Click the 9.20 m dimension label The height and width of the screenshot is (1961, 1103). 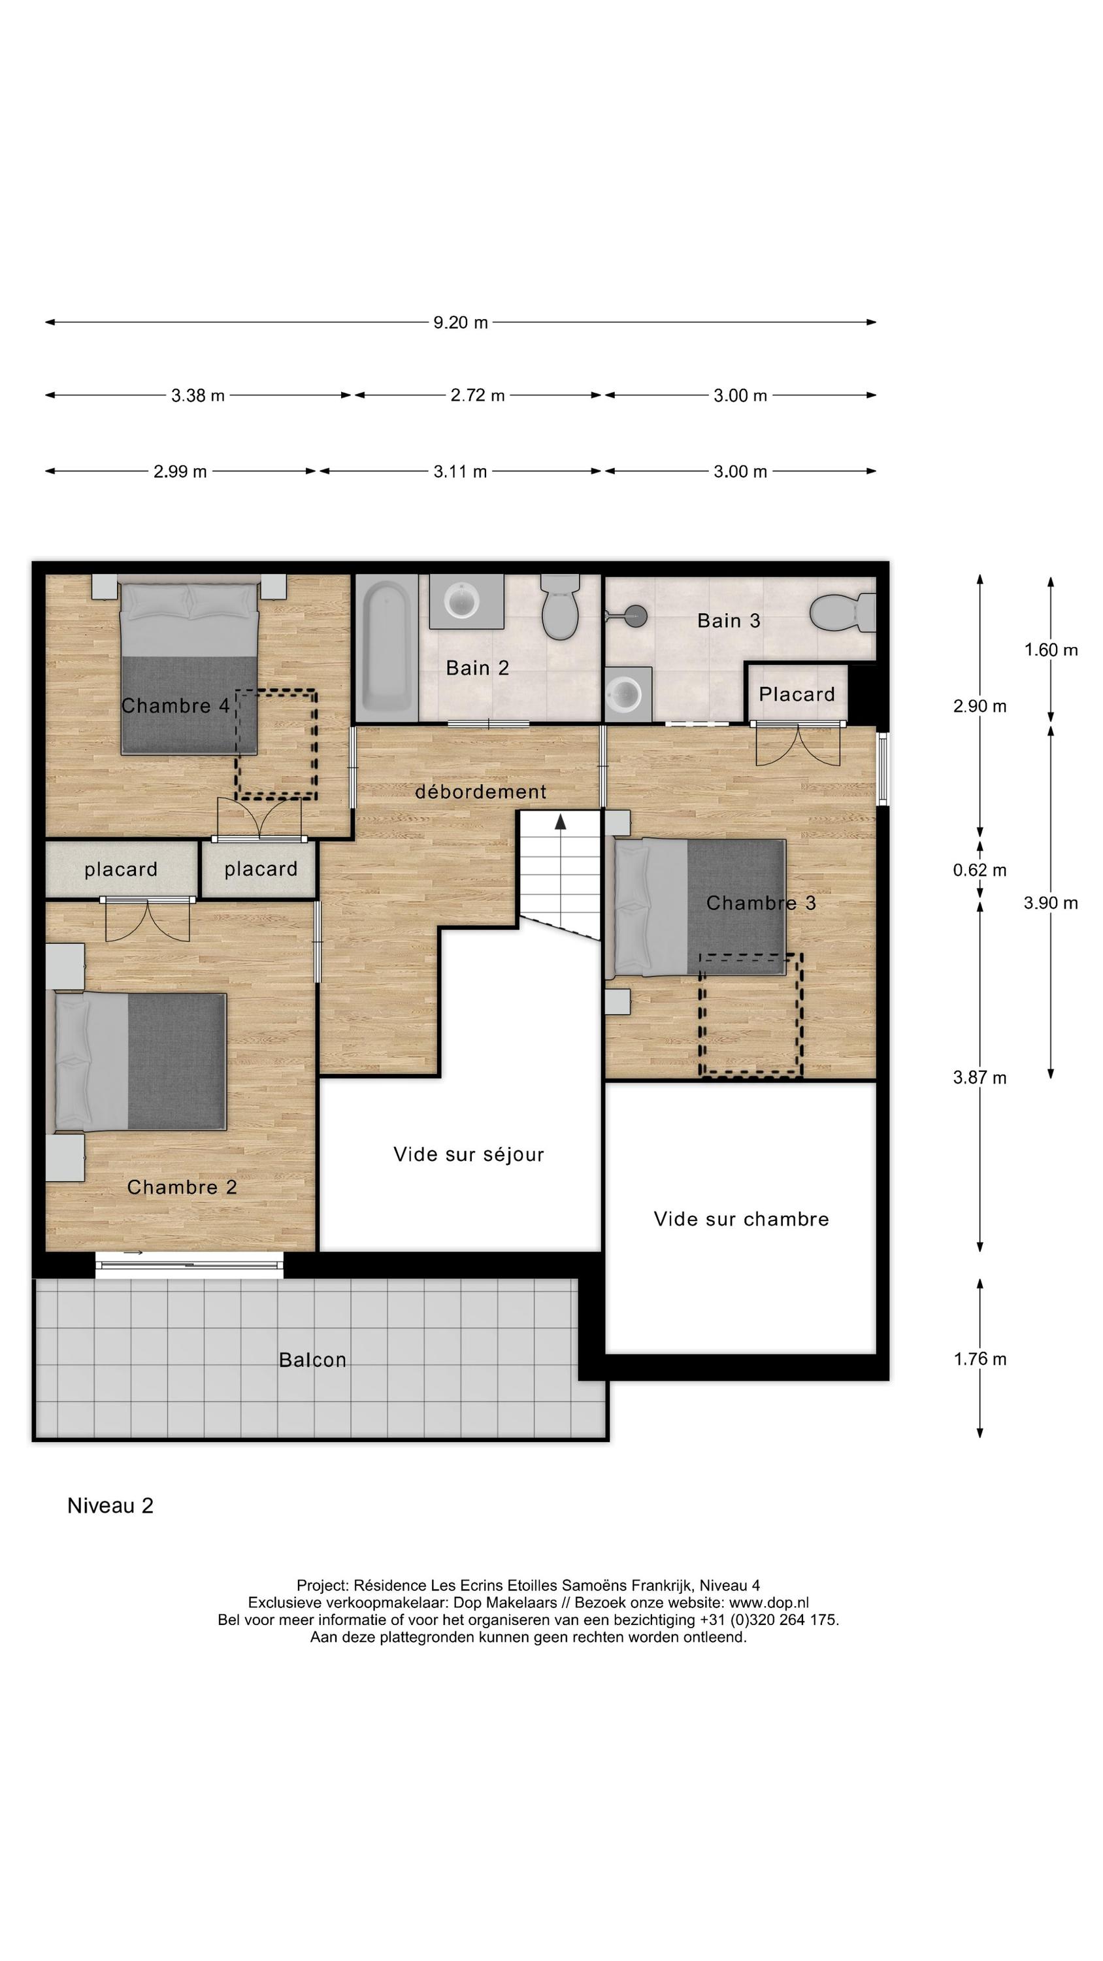(460, 322)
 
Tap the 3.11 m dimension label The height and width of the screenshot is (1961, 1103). (460, 471)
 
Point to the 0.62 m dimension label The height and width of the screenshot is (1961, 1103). (979, 869)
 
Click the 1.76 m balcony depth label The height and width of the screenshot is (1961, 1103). (979, 1359)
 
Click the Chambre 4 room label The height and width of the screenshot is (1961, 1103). (175, 706)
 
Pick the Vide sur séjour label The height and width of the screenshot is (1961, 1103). (468, 1154)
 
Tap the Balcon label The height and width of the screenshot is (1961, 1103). (312, 1360)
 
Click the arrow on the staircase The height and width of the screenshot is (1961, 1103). (560, 822)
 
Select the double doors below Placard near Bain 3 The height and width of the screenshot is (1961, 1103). (797, 744)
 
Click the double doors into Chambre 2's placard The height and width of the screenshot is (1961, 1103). (147, 919)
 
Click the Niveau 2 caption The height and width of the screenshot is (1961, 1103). (110, 1506)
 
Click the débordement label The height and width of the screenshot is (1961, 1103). (480, 792)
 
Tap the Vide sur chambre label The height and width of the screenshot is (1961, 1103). (740, 1219)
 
